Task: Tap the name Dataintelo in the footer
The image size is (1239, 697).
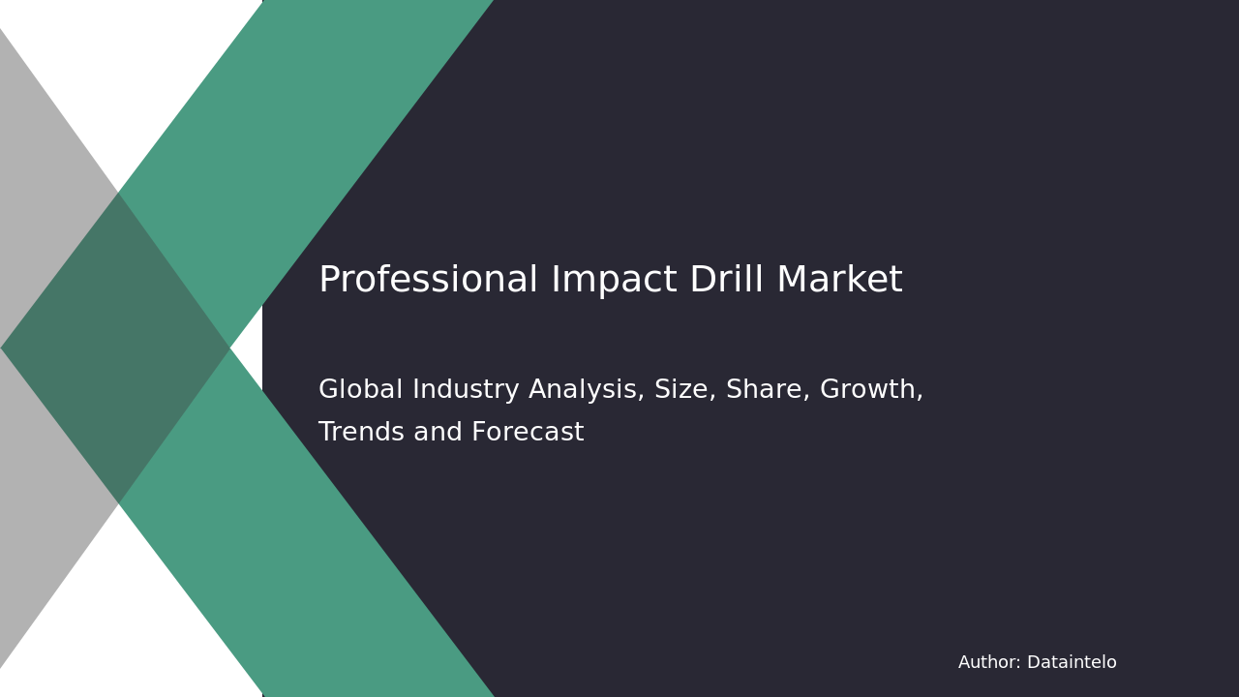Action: coord(1072,663)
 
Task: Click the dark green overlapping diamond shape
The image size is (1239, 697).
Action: coord(116,348)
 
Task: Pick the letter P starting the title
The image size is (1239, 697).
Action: coord(328,281)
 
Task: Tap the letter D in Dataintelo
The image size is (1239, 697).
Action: coord(1033,663)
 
